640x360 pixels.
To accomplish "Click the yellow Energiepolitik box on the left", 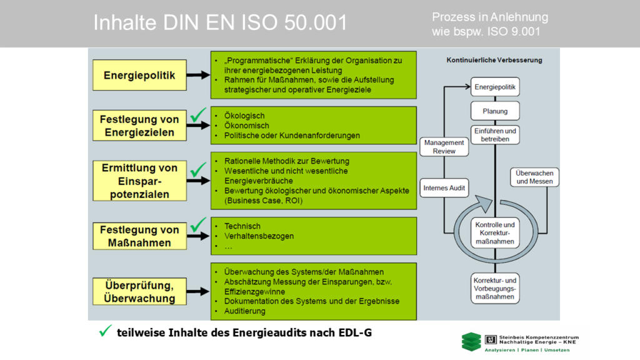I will (x=139, y=76).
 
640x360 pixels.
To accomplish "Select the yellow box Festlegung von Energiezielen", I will (x=139, y=126).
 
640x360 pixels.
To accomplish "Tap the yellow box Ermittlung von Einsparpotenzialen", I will (x=139, y=181).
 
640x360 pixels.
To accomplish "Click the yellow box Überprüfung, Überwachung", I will (x=139, y=291).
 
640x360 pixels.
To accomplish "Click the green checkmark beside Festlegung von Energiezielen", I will (x=199, y=114).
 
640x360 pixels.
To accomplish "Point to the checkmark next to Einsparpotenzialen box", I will (x=199, y=169).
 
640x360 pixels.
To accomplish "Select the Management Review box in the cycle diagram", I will (x=444, y=147).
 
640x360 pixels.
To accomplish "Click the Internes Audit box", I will (x=444, y=187).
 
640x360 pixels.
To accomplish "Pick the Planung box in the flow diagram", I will (x=495, y=111).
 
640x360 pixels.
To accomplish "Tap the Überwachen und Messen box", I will (x=535, y=177).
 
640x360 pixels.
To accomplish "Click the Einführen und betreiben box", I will (x=495, y=135).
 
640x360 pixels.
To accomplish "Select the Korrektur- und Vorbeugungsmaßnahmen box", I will (x=495, y=289).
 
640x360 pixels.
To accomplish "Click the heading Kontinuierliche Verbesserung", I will (x=494, y=61).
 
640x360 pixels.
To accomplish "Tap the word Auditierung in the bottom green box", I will (x=244, y=311).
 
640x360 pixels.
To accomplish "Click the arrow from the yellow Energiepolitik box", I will (x=197, y=76).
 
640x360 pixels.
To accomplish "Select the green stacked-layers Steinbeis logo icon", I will (x=471, y=341).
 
